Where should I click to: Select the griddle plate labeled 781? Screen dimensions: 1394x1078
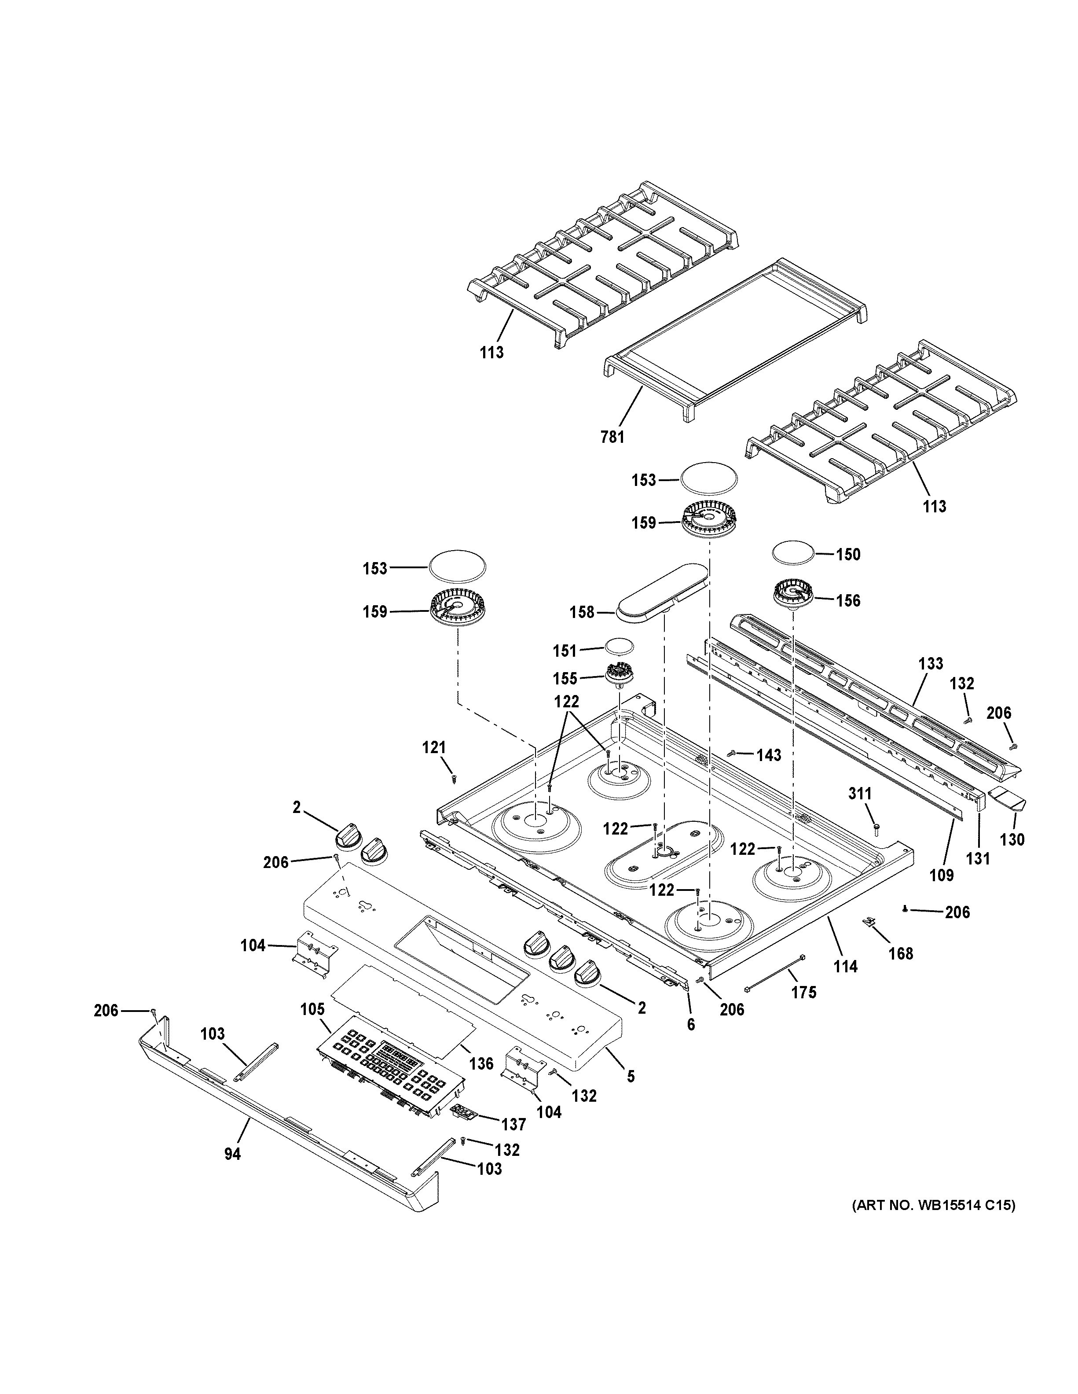tap(733, 338)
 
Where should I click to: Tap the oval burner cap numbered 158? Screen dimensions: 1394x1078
tap(664, 587)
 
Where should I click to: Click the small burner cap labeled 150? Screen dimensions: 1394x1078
tap(793, 552)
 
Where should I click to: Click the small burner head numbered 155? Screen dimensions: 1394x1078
tap(617, 674)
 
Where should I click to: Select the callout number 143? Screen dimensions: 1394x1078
tap(769, 755)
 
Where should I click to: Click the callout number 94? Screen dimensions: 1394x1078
tap(232, 1154)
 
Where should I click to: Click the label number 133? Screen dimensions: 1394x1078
tap(931, 663)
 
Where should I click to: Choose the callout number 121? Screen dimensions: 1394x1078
tap(434, 747)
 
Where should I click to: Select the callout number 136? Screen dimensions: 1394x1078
tap(482, 1063)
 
